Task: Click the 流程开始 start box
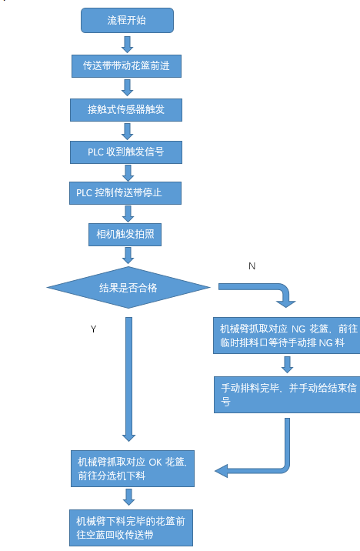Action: point(127,21)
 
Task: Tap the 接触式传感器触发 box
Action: point(127,110)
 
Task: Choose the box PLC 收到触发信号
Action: point(127,152)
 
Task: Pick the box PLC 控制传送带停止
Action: point(127,192)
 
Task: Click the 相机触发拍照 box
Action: point(127,234)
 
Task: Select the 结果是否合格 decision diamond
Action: point(128,287)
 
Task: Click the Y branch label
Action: point(93,329)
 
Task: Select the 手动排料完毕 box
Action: point(286,394)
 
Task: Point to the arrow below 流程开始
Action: point(128,44)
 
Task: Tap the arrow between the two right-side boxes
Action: point(286,364)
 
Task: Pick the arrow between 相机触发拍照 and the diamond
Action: point(128,256)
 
